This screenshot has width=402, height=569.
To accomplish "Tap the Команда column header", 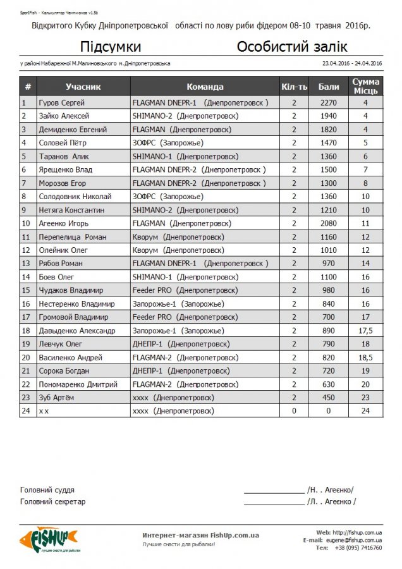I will pos(205,87).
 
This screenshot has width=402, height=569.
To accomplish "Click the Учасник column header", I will pos(83,87).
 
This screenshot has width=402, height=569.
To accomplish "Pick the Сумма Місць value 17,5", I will pos(365,331).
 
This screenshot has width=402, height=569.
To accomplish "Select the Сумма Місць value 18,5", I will pos(365,357).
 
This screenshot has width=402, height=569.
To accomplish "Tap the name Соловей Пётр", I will pos(62,143).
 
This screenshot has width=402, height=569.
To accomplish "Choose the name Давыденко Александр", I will pos(77,331).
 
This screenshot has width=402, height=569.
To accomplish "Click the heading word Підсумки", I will pos(111,47).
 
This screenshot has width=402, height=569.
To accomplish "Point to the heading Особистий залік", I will pos(292,47).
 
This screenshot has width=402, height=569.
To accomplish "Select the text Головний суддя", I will pos(47,490).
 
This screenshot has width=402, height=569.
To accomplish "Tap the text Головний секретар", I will pos(53,501).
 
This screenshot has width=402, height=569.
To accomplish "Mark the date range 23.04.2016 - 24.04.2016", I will pos(352,63).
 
